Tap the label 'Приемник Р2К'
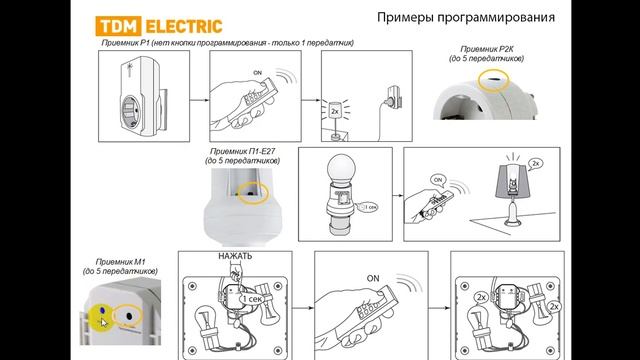487,49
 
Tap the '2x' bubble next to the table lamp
536,162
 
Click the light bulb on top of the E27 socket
342,172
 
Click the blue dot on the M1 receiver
97,310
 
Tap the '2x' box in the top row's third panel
334,110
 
